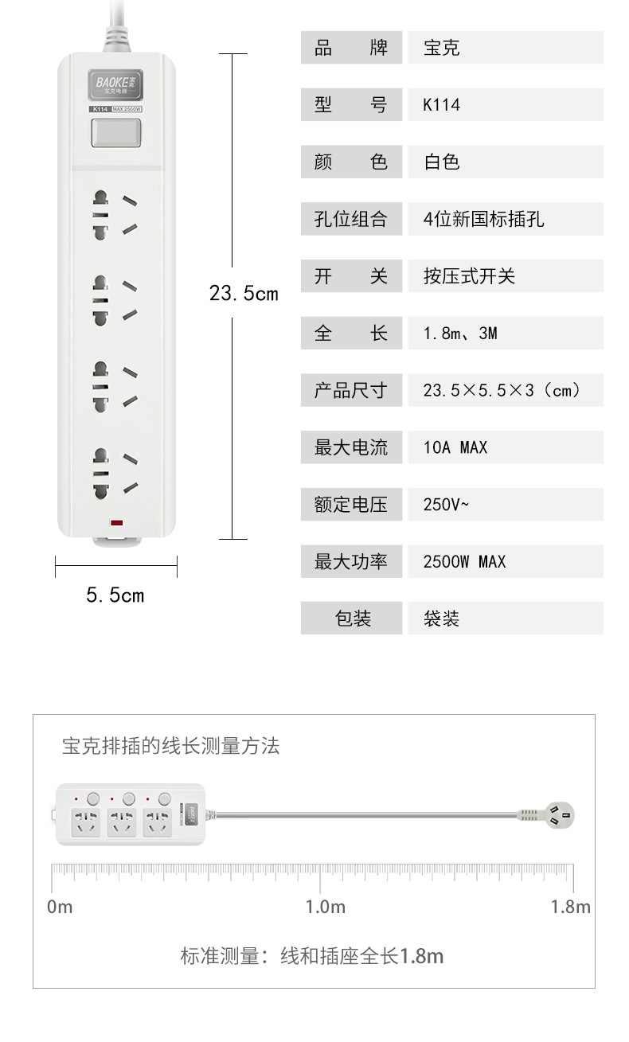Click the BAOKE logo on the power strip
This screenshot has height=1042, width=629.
[115, 83]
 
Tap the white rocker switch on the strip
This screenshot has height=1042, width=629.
[115, 133]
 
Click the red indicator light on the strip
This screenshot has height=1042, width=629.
[116, 524]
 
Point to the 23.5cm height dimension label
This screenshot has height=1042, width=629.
[244, 293]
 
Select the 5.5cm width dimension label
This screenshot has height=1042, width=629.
[115, 595]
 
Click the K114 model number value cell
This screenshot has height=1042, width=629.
[505, 105]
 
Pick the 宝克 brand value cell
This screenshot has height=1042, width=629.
[505, 48]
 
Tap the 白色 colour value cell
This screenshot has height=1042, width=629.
[505, 162]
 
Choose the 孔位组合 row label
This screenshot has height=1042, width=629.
[351, 219]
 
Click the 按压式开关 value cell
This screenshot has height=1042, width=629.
[505, 276]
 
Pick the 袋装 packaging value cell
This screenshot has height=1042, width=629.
[505, 619]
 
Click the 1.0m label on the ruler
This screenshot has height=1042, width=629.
[326, 907]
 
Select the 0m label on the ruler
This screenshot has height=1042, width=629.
[60, 907]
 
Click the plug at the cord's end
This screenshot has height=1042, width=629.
[557, 815]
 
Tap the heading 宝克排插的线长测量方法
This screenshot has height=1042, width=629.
[171, 746]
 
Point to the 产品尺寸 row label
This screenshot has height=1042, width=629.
[351, 391]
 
